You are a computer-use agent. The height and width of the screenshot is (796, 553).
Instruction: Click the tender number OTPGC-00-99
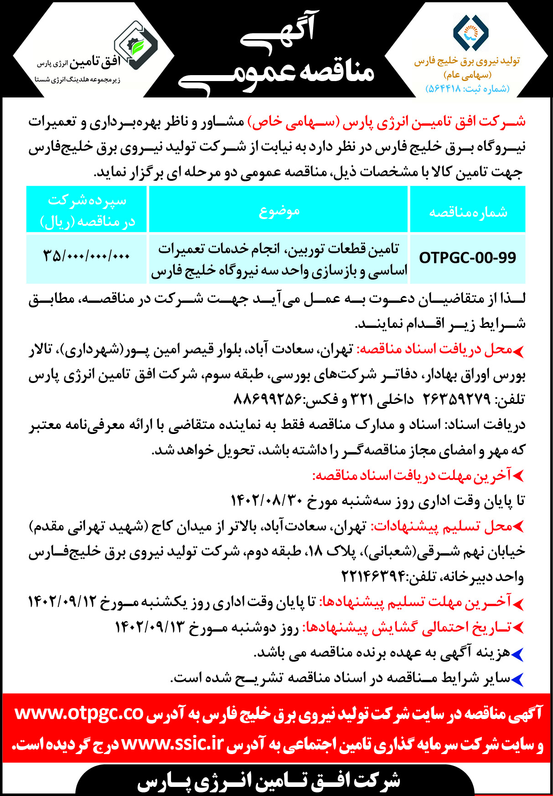467,258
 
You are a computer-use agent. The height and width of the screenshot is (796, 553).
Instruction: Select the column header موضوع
279,211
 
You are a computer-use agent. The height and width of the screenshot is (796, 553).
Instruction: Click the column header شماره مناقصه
468,212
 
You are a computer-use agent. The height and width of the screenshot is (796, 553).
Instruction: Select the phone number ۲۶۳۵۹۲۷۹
456,399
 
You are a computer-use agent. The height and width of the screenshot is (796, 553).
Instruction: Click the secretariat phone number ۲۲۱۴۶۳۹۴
374,577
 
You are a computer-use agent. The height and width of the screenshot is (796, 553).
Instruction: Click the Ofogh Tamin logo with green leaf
135,46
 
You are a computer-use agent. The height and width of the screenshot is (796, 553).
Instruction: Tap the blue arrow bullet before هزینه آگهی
517,654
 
